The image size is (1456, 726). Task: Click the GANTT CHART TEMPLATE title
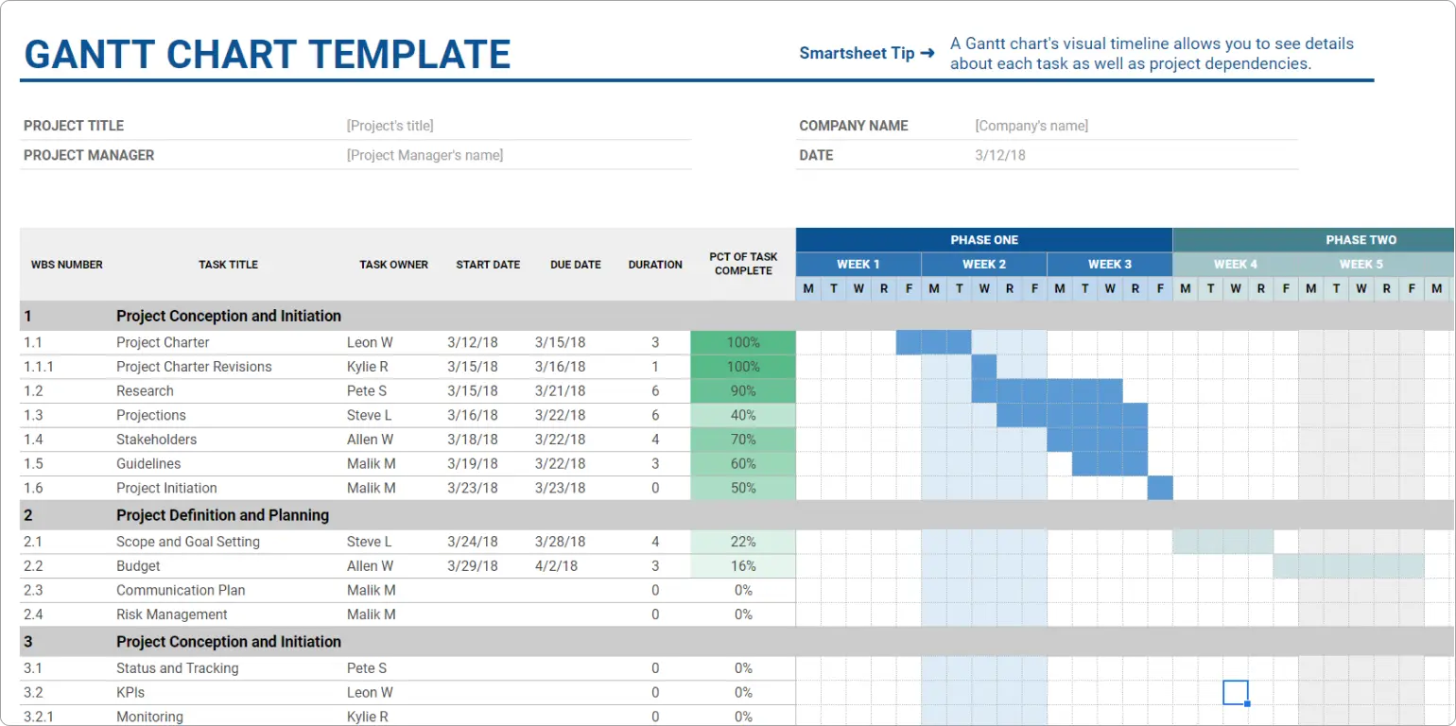[x=267, y=54]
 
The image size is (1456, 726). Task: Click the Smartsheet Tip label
[x=857, y=53]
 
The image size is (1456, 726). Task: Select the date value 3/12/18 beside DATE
[x=999, y=155]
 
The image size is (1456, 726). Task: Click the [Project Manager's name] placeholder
[x=425, y=155]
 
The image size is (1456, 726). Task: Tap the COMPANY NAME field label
[x=853, y=126]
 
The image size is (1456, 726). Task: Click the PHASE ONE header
[x=983, y=240]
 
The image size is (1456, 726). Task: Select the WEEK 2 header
[x=983, y=265]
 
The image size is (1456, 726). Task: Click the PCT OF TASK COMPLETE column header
[x=743, y=264]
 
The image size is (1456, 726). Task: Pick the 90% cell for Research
[x=743, y=391]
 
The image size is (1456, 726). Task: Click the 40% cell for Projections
[x=743, y=416]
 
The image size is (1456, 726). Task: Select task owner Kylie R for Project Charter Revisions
[x=368, y=367]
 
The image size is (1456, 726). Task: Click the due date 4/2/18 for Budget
[x=556, y=566]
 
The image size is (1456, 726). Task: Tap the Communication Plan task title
[x=181, y=591]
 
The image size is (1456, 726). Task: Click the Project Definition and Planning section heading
[x=222, y=515]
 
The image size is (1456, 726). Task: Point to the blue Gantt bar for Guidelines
[x=1109, y=464]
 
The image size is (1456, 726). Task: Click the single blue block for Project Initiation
[x=1160, y=489]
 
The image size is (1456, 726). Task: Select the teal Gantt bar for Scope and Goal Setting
[x=1222, y=542]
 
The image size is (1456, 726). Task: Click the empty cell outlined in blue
[x=1235, y=692]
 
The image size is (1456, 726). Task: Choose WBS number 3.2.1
[x=39, y=717]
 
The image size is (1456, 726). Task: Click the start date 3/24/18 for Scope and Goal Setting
[x=473, y=542]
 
